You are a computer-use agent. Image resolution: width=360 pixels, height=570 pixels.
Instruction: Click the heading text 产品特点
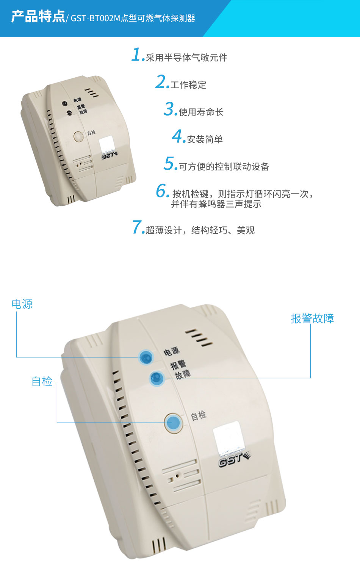click(x=38, y=17)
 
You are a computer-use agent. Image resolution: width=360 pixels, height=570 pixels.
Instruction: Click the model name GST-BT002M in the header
click(x=95, y=18)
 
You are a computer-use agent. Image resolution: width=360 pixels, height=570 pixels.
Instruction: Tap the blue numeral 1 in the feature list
click(x=137, y=55)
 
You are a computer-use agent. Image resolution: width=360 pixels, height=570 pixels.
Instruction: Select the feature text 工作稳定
click(x=188, y=85)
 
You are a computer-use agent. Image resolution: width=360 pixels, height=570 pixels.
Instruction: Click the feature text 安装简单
click(x=205, y=139)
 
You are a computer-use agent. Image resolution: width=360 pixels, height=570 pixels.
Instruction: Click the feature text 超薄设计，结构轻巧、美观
click(x=200, y=230)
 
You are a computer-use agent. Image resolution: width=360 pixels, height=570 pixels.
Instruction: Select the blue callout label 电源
click(x=22, y=304)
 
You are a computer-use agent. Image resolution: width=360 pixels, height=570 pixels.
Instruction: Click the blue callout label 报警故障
click(x=312, y=319)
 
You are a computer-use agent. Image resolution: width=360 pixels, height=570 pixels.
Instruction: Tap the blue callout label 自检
click(x=42, y=381)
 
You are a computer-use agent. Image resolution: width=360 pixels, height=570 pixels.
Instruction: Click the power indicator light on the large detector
click(x=146, y=357)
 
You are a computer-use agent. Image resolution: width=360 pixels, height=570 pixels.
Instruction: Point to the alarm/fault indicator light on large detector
click(x=157, y=378)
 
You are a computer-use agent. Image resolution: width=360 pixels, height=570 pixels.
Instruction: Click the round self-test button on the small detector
click(x=78, y=136)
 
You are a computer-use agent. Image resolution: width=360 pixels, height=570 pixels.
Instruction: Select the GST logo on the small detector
click(x=110, y=155)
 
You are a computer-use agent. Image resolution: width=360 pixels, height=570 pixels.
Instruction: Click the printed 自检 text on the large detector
click(x=198, y=415)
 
